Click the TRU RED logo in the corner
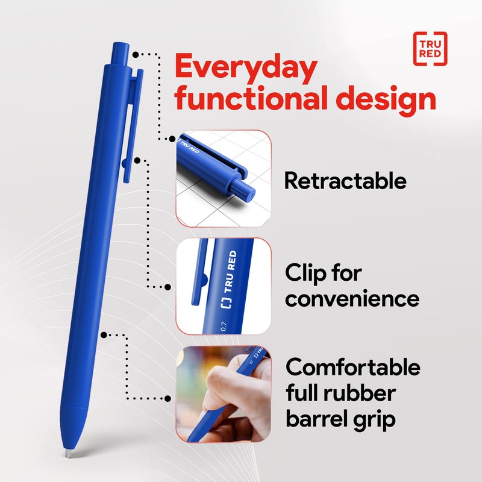click(x=430, y=46)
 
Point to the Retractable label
click(x=345, y=180)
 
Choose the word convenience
click(x=352, y=299)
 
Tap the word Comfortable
click(x=352, y=367)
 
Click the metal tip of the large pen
click(x=67, y=451)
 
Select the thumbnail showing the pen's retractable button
click(x=223, y=175)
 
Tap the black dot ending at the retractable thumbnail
click(x=169, y=139)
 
